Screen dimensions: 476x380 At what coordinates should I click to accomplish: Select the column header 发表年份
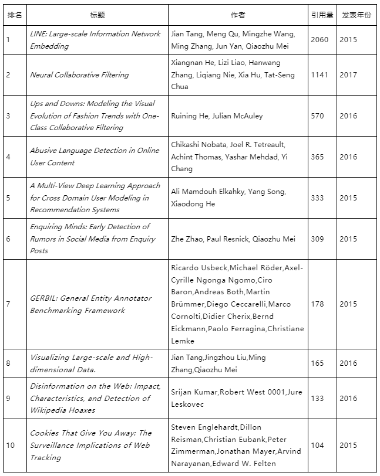(x=357, y=15)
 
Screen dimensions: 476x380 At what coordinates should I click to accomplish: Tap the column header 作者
(x=238, y=15)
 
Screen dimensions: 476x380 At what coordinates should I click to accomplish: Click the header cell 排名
(x=15, y=15)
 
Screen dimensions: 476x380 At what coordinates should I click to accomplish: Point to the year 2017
(x=348, y=75)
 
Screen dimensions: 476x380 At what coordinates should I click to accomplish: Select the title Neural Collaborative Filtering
(x=79, y=75)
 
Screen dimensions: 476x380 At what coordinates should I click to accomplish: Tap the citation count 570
(x=317, y=116)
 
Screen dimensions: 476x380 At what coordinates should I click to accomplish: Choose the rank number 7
(x=8, y=304)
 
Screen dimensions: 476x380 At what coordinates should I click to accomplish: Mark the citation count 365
(x=317, y=157)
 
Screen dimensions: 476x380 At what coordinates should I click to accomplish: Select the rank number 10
(x=11, y=446)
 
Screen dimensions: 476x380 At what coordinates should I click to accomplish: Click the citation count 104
(x=317, y=446)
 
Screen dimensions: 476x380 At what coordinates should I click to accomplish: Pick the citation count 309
(x=317, y=239)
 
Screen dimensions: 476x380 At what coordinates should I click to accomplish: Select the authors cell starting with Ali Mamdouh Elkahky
(x=228, y=198)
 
